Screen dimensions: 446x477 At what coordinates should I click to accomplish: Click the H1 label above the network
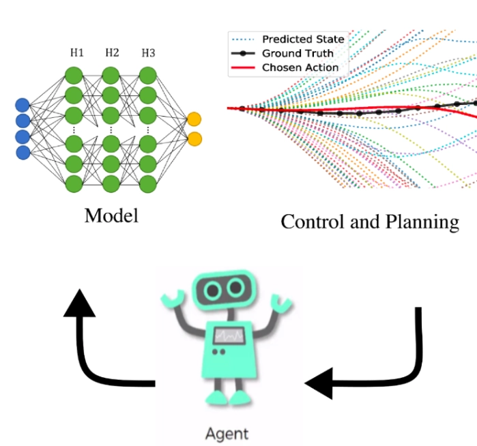point(76,53)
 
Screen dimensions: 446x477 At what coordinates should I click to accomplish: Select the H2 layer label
point(112,53)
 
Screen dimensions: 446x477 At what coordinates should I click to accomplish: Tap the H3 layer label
point(148,53)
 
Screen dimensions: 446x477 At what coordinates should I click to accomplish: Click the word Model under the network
point(111,215)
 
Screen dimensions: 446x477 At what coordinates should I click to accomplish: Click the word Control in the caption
point(314,222)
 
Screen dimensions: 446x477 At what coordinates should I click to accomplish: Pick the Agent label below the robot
point(227,432)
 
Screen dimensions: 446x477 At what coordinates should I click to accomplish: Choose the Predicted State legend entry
point(303,39)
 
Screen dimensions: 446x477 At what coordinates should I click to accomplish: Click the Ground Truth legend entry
point(298,53)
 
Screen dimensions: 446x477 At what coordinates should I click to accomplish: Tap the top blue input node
point(23,106)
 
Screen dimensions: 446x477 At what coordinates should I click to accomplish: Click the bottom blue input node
point(23,152)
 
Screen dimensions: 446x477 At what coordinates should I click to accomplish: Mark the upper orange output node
point(194,119)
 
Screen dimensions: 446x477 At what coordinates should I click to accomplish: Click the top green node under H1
point(74,74)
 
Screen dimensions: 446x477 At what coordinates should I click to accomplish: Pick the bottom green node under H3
point(148,182)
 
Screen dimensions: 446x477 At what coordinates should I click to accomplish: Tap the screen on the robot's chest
point(227,335)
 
